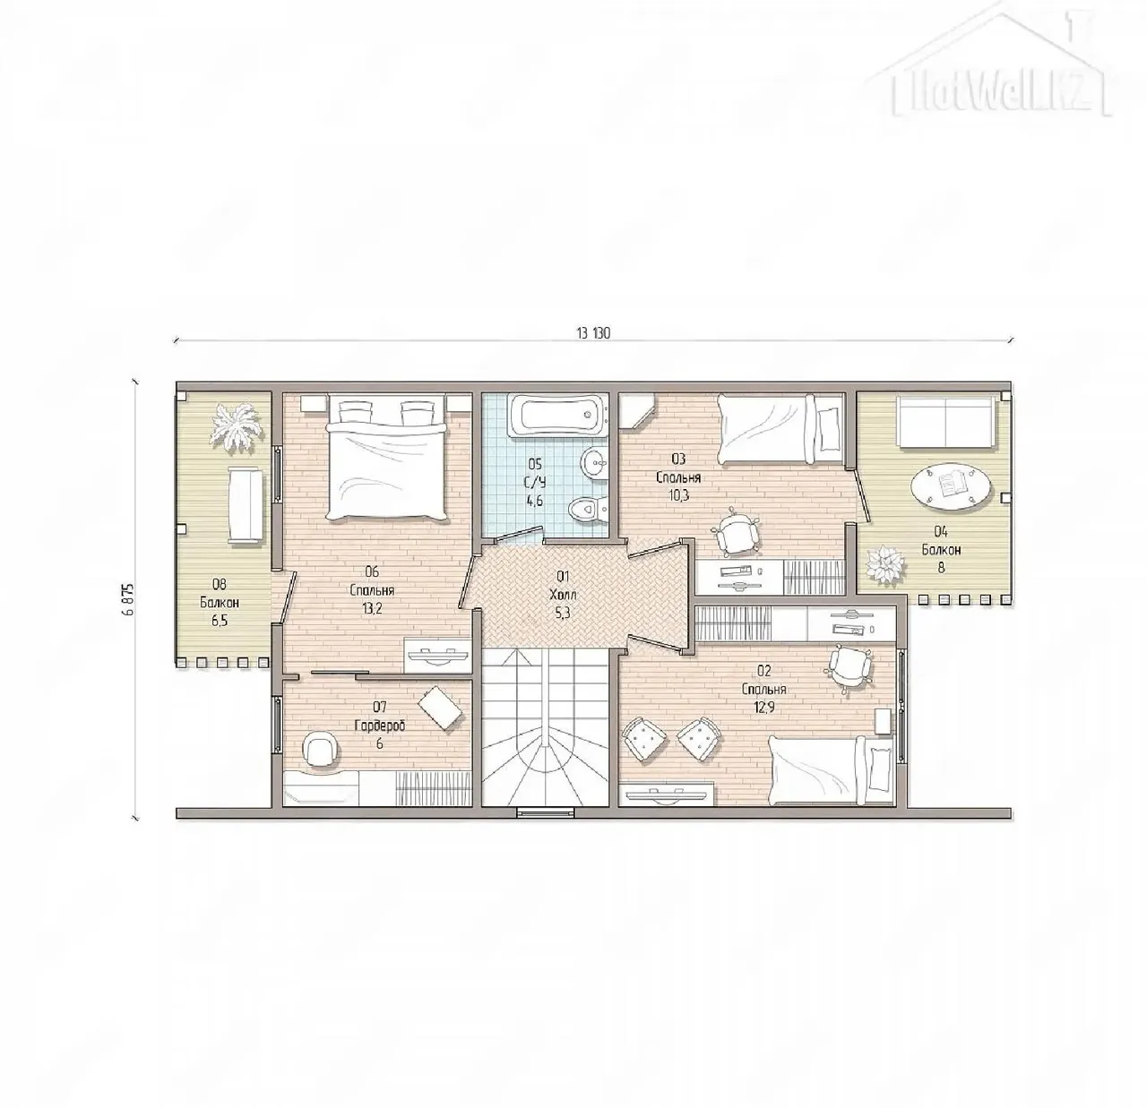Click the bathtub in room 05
(x=557, y=417)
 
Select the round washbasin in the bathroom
(x=594, y=462)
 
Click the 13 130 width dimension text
(x=593, y=333)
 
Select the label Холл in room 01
(x=563, y=596)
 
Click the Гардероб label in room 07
(x=380, y=726)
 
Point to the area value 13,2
(x=373, y=608)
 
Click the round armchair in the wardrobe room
(x=320, y=749)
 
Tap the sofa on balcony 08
(x=246, y=504)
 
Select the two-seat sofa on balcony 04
(x=944, y=422)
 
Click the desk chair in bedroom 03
(x=736, y=531)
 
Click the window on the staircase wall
(x=545, y=813)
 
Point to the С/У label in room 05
(x=535, y=483)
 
